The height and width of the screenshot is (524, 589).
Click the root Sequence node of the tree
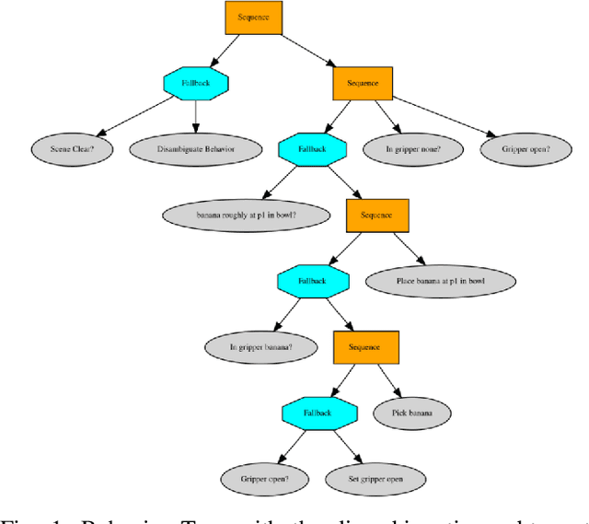point(253,17)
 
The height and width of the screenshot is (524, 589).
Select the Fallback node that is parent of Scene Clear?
point(195,82)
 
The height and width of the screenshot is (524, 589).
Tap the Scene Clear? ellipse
point(67,148)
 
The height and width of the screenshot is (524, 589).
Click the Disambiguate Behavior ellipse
point(195,148)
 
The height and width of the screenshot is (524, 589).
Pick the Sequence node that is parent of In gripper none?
point(363,83)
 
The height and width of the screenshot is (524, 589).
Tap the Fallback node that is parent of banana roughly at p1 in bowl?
point(312,148)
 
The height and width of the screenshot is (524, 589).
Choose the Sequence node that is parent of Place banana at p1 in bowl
point(376,215)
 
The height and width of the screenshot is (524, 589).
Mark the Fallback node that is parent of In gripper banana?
point(312,281)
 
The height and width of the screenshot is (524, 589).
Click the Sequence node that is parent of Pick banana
point(365,347)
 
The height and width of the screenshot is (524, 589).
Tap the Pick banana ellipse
point(412,413)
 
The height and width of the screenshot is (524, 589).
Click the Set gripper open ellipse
point(375,480)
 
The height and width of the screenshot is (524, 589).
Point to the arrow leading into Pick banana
point(388,380)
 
